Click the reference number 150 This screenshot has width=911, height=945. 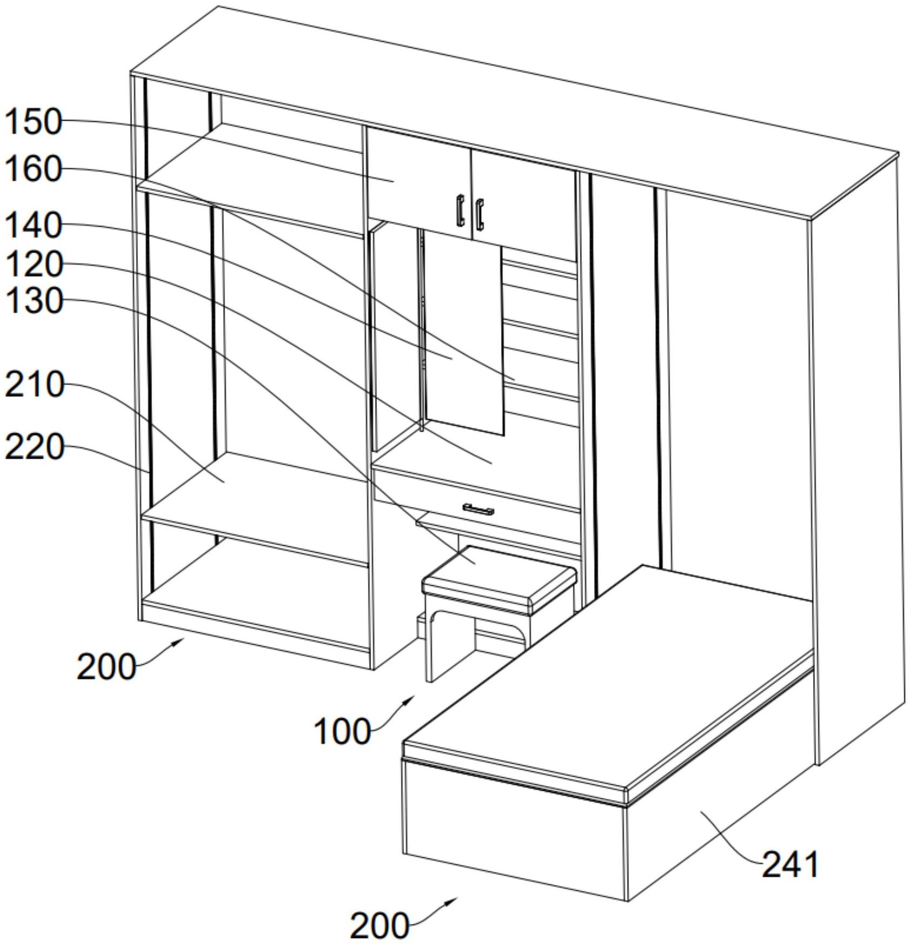pos(33,122)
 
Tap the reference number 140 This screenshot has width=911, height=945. pos(33,225)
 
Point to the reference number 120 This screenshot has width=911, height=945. pos(33,265)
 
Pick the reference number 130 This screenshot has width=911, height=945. pos(33,301)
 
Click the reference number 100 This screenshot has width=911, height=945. pos(342,731)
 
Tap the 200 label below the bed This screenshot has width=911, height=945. pos(379,926)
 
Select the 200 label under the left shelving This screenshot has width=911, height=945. pos(106,666)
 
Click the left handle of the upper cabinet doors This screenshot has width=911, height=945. pos(460,210)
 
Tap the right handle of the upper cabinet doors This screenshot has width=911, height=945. pos(480,214)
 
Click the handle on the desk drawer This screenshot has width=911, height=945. pos(478,509)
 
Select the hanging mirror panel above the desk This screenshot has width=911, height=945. pos(464,335)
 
